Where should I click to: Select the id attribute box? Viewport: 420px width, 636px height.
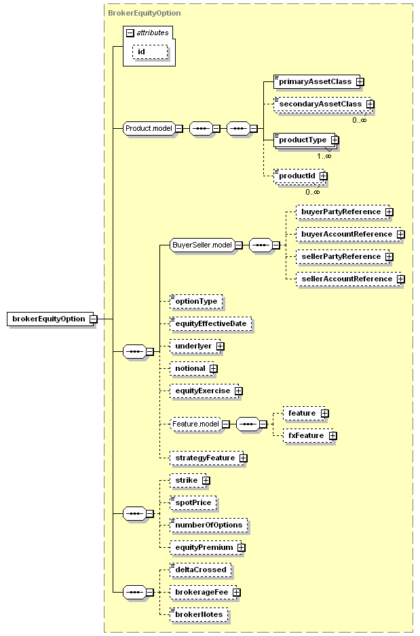click(x=150, y=52)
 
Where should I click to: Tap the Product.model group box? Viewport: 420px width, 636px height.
click(x=149, y=128)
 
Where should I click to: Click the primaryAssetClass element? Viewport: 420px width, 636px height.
click(x=316, y=81)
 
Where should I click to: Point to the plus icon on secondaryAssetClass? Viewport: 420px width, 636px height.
click(x=370, y=104)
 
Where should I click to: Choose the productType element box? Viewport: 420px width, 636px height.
click(x=305, y=140)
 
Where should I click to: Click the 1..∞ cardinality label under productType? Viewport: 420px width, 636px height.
click(x=324, y=156)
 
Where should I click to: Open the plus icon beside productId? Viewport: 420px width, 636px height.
click(x=324, y=176)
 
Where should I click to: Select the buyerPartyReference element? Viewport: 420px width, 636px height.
click(x=343, y=212)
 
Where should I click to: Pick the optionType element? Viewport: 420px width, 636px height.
click(x=196, y=301)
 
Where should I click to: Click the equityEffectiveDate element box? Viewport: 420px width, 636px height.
click(x=210, y=323)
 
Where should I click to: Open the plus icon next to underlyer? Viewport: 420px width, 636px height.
click(x=221, y=346)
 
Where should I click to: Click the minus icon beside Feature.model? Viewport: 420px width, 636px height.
click(x=226, y=424)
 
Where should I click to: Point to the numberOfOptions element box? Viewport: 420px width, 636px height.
click(x=208, y=525)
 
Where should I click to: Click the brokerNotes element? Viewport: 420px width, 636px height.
click(x=199, y=614)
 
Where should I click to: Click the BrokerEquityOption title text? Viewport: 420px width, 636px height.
click(x=145, y=13)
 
